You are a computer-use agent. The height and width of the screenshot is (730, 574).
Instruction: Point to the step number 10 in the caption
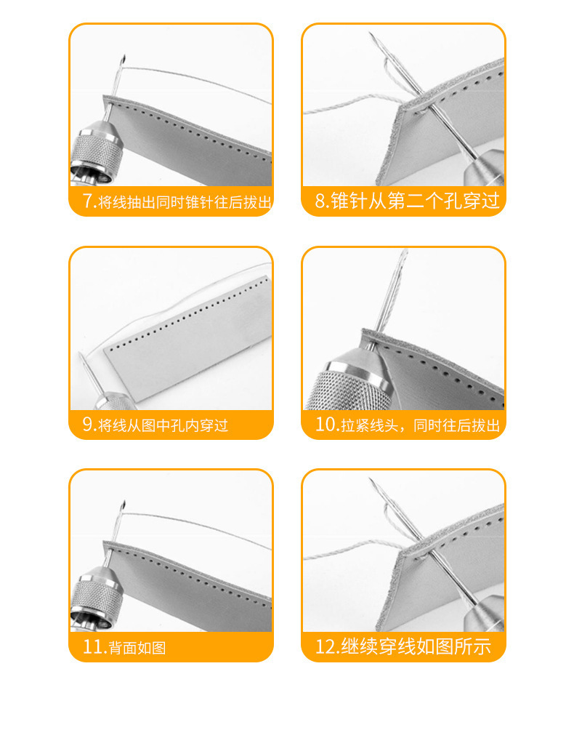(326, 425)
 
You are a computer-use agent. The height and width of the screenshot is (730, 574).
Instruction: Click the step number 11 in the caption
(94, 647)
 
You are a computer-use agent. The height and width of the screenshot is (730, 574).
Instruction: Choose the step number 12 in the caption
(326, 646)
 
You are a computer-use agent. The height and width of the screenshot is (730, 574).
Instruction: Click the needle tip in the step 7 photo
(124, 57)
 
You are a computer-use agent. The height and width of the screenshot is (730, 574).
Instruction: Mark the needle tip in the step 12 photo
(371, 480)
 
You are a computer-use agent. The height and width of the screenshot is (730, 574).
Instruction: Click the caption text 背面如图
(137, 648)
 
